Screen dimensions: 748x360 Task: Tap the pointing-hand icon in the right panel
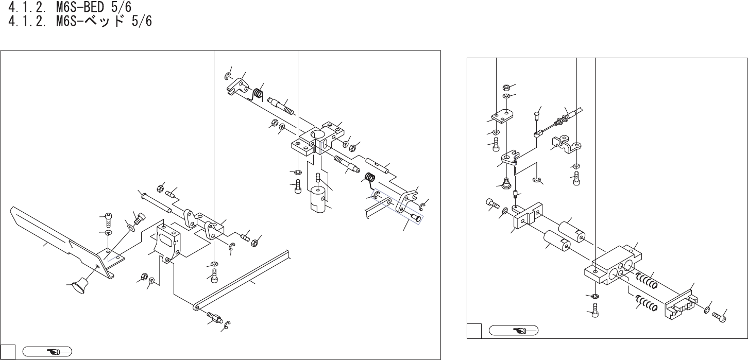[513, 330]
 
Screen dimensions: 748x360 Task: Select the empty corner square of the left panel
[7, 352]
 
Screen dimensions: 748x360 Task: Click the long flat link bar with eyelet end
[242, 281]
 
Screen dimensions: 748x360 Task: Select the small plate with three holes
[502, 116]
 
